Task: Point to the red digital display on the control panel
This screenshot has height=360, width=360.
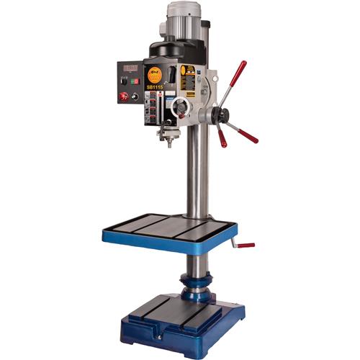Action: coord(130,68)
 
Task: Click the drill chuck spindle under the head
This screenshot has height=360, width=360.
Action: coord(171,136)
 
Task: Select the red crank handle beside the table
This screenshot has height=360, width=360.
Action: coord(246,245)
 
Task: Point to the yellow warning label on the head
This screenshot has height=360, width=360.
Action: coord(189,73)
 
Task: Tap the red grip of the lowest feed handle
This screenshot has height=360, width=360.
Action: coord(222,138)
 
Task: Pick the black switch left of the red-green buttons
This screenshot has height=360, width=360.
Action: coord(125,81)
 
